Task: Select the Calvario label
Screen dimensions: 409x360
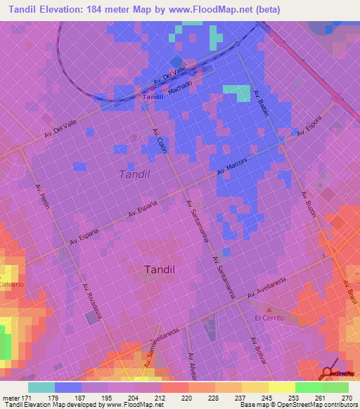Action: click(x=12, y=284)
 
